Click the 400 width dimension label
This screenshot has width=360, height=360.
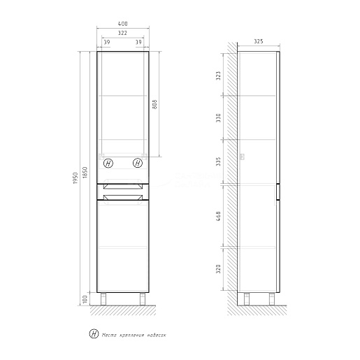122,24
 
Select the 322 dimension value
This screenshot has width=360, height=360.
122,33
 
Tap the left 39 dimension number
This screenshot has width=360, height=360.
107,42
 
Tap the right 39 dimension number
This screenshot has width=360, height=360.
138,42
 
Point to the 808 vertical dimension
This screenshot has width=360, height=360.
154,104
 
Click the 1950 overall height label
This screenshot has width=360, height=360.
75,178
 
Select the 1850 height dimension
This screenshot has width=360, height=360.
85,173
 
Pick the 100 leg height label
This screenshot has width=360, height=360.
85,299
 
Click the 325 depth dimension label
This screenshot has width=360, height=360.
259,41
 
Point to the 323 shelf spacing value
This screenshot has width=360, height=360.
218,75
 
